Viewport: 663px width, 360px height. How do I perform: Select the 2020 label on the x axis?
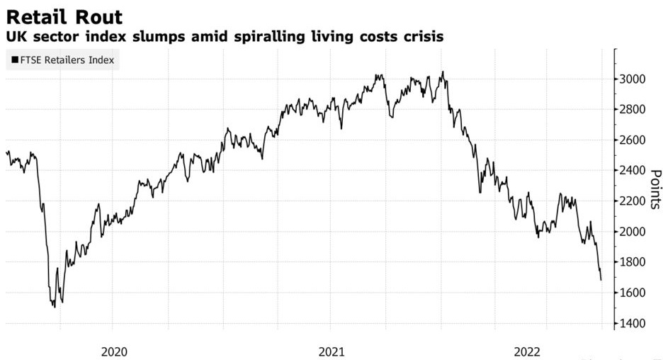coord(114,351)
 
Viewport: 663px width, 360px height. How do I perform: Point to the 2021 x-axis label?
coord(331,351)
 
